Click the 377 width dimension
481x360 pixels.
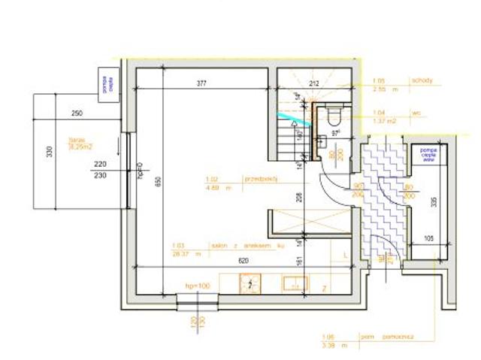coord(201,83)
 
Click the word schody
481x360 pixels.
coord(421,80)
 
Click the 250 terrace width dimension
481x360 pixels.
coord(76,113)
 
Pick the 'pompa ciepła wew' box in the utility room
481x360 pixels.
coord(429,155)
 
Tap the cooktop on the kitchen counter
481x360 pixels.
coord(249,283)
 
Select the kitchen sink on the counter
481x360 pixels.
coord(292,283)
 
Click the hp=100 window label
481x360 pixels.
coord(197,286)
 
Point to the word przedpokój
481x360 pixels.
coord(262,180)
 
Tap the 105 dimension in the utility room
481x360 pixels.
coord(429,238)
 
